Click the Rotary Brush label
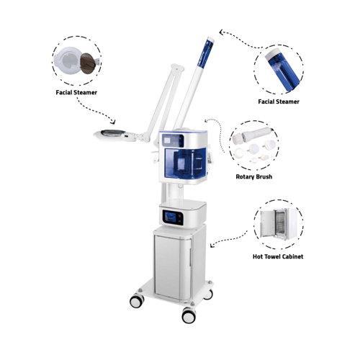(254, 177)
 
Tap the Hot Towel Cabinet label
(278, 256)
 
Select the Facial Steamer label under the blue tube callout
(279, 102)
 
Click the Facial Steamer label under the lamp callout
(76, 92)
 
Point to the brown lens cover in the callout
(88, 63)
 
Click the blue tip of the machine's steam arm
(205, 52)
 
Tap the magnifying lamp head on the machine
(112, 135)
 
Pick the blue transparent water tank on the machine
(185, 163)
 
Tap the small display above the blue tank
(173, 140)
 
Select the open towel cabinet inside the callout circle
(279, 224)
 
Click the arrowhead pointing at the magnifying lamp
(113, 122)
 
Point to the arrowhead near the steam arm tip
(222, 32)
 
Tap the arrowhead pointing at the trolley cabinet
(212, 246)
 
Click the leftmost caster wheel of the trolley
(137, 301)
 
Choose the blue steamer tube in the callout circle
(283, 70)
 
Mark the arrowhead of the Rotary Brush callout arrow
(207, 120)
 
